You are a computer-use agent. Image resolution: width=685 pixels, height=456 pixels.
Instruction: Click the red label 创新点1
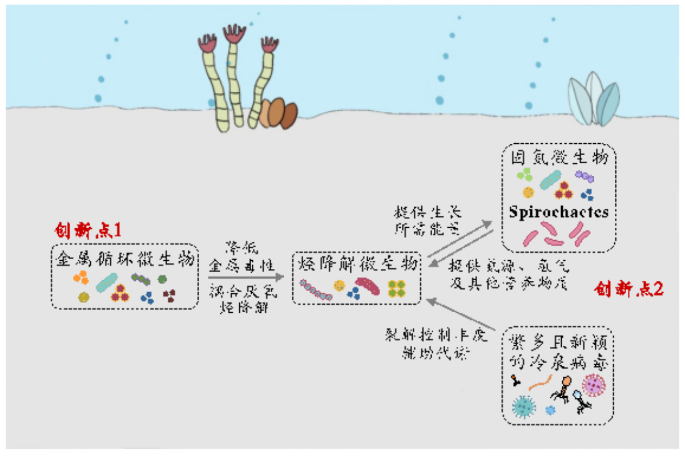point(88,230)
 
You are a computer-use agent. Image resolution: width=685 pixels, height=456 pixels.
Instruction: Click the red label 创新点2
point(628,289)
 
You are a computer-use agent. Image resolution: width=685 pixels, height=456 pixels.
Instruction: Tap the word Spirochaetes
point(559,212)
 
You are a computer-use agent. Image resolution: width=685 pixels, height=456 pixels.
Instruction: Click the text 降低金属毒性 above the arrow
point(242,257)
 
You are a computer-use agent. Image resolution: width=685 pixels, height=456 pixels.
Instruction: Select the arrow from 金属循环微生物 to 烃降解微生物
point(245,277)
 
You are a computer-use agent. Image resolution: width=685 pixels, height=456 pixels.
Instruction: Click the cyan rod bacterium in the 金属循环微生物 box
point(107,282)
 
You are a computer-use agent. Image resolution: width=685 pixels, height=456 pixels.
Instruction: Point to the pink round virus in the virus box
point(593,385)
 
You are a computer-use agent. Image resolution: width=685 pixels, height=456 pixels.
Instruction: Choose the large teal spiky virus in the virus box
point(524,406)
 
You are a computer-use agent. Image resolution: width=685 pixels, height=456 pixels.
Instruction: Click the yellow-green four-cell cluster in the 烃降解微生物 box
point(396,289)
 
